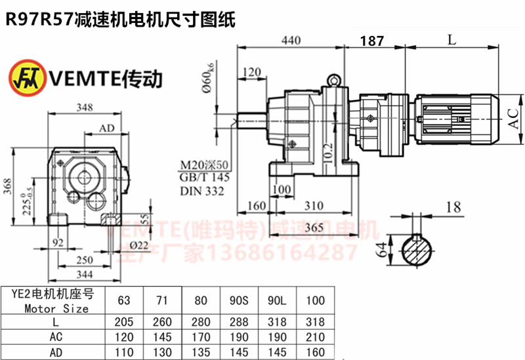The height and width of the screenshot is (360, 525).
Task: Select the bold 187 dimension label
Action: coord(372,41)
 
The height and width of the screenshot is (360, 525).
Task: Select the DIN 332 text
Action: coord(201,191)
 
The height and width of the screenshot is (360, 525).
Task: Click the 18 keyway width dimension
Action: coord(452,208)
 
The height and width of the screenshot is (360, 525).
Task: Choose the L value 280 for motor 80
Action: coord(201,322)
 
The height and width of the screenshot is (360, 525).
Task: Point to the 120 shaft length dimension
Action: coord(251,71)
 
